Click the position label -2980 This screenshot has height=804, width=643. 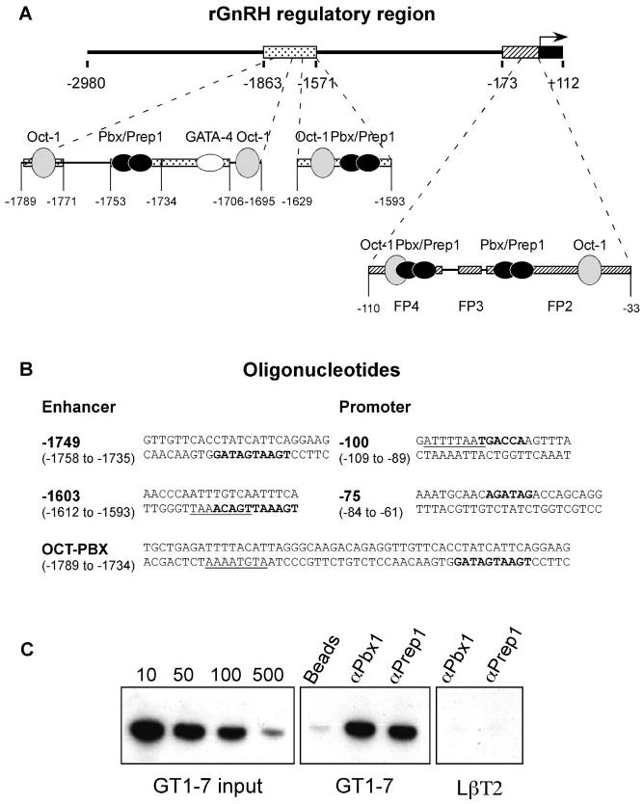[87, 83]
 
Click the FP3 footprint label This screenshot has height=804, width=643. [471, 310]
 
